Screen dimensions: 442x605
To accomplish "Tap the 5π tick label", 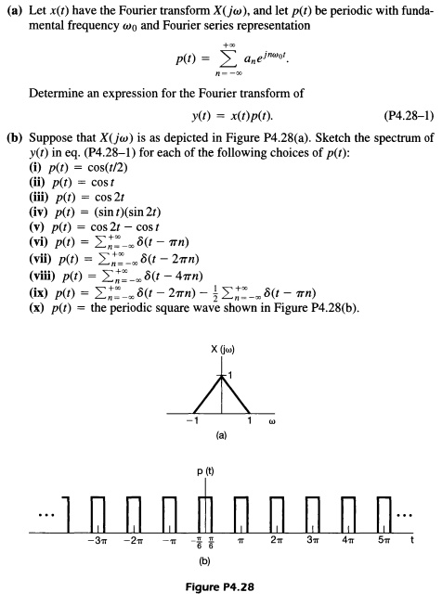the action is pyautogui.click(x=390, y=540).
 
